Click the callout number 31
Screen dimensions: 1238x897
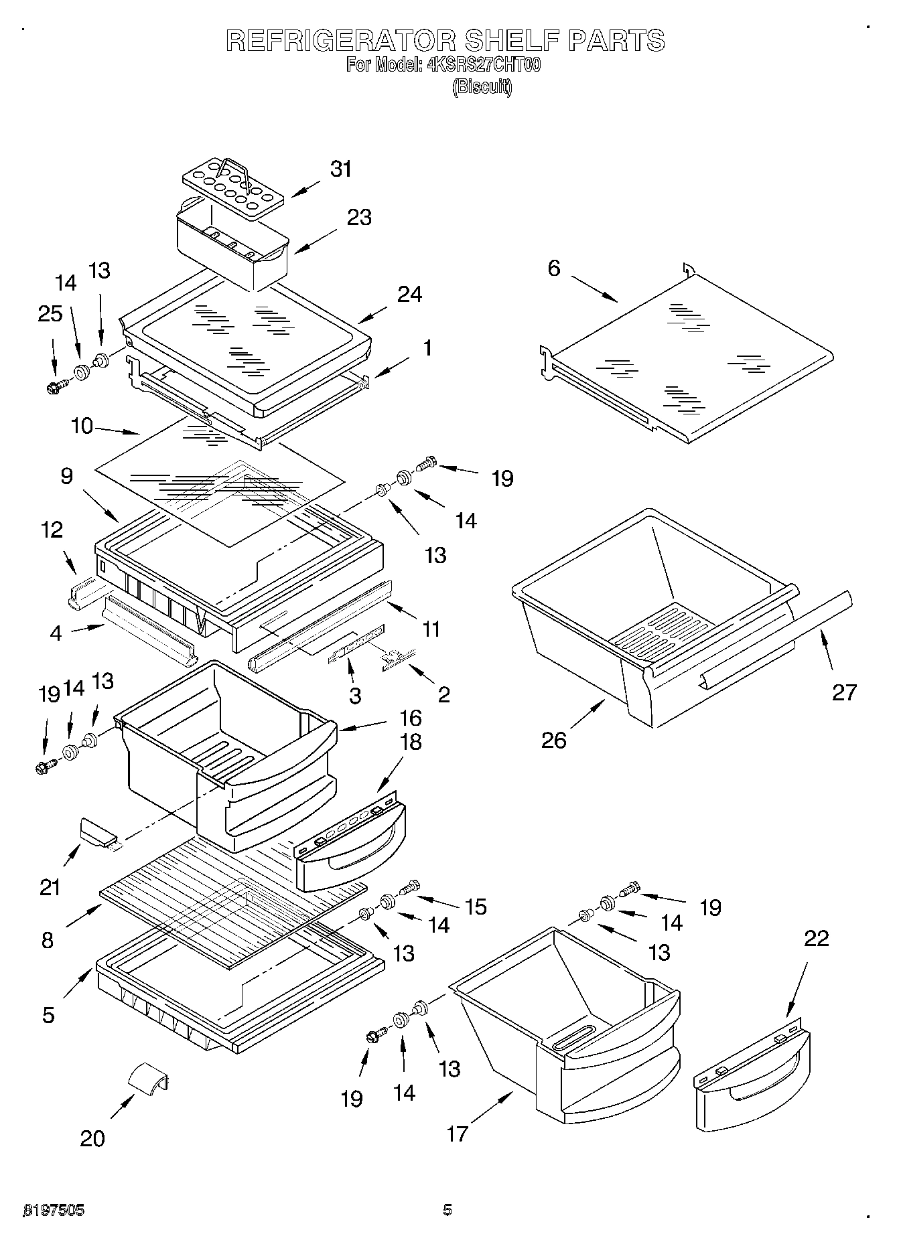(x=341, y=169)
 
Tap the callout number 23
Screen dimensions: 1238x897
(x=360, y=218)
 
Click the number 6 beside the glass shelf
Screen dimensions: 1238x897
(x=553, y=268)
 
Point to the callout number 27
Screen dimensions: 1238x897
(x=844, y=692)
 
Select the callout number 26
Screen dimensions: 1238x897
(x=554, y=740)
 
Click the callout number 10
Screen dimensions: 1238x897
(x=82, y=426)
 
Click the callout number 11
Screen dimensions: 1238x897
(x=431, y=629)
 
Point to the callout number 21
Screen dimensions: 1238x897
(x=50, y=887)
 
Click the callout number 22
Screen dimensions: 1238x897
(x=817, y=939)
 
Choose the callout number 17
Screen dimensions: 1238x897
(x=458, y=1134)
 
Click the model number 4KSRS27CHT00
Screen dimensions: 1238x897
(x=483, y=65)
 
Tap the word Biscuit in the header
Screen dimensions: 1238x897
(x=482, y=87)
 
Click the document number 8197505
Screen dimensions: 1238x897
(x=54, y=1210)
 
